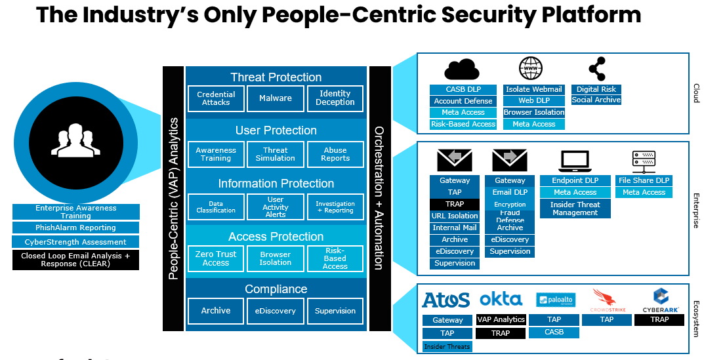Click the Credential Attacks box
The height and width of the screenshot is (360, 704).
(x=216, y=98)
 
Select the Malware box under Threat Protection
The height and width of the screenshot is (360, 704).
(x=276, y=98)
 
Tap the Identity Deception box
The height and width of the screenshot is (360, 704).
(x=335, y=98)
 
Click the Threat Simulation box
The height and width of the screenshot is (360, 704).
(x=276, y=154)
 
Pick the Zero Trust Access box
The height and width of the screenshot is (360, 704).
(x=216, y=258)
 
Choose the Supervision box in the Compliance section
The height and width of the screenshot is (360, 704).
(x=335, y=311)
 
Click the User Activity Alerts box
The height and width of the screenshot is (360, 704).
(x=276, y=207)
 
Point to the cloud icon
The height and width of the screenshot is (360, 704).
(x=463, y=69)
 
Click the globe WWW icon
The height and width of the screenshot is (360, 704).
(x=531, y=69)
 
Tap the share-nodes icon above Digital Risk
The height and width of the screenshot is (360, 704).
(x=597, y=69)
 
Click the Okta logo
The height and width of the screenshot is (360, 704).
(x=501, y=299)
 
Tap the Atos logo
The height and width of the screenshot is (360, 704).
(x=446, y=300)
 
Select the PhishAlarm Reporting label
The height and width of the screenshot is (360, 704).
(x=75, y=228)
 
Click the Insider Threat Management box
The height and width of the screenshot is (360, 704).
(x=575, y=209)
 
